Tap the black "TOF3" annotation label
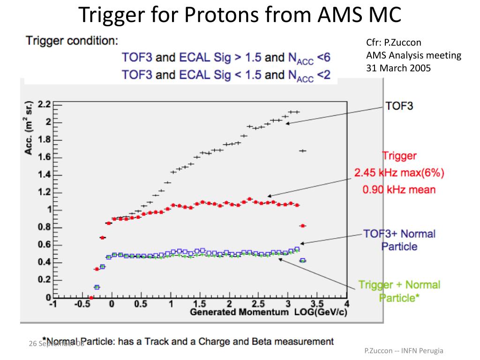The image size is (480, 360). [399, 106]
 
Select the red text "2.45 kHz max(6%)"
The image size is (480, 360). [399, 173]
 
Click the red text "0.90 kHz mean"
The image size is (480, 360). [399, 190]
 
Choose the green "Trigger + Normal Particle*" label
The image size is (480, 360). [399, 291]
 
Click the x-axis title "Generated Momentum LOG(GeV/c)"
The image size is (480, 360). [269, 312]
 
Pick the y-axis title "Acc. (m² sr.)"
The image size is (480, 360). [29, 127]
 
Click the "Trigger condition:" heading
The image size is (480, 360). [72, 41]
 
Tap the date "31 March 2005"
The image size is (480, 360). [398, 67]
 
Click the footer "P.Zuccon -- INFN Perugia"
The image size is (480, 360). [404, 351]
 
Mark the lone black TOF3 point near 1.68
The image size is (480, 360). [302, 150]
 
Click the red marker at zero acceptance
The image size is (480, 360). [91, 298]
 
